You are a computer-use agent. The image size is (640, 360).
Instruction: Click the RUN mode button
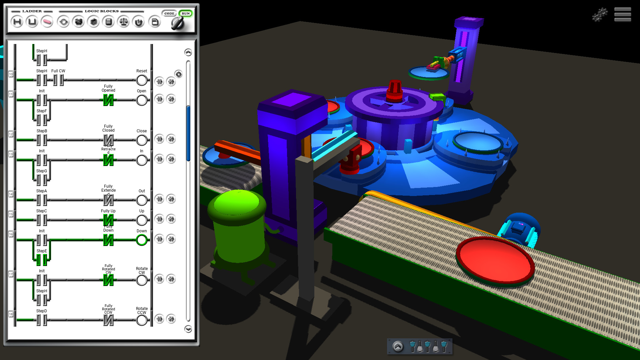[x=186, y=14]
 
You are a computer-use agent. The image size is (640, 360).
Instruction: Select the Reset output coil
[x=142, y=80]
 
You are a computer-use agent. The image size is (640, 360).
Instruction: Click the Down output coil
[x=142, y=240]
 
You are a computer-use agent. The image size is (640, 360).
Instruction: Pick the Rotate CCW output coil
[x=142, y=320]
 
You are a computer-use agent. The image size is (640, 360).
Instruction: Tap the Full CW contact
[x=58, y=80]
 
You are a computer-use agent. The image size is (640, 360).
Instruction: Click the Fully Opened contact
[x=108, y=100]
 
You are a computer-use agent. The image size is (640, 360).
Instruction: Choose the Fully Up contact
[x=108, y=220]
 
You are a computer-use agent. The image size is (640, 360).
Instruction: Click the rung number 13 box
[x=11, y=154]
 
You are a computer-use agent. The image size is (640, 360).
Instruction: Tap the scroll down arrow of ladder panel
[x=188, y=329]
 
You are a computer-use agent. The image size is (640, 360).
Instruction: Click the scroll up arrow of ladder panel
[x=188, y=52]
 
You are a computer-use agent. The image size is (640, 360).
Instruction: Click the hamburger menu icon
[x=622, y=15]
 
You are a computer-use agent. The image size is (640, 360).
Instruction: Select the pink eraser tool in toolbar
[x=47, y=22]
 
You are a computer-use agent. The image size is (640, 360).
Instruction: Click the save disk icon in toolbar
[x=155, y=22]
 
